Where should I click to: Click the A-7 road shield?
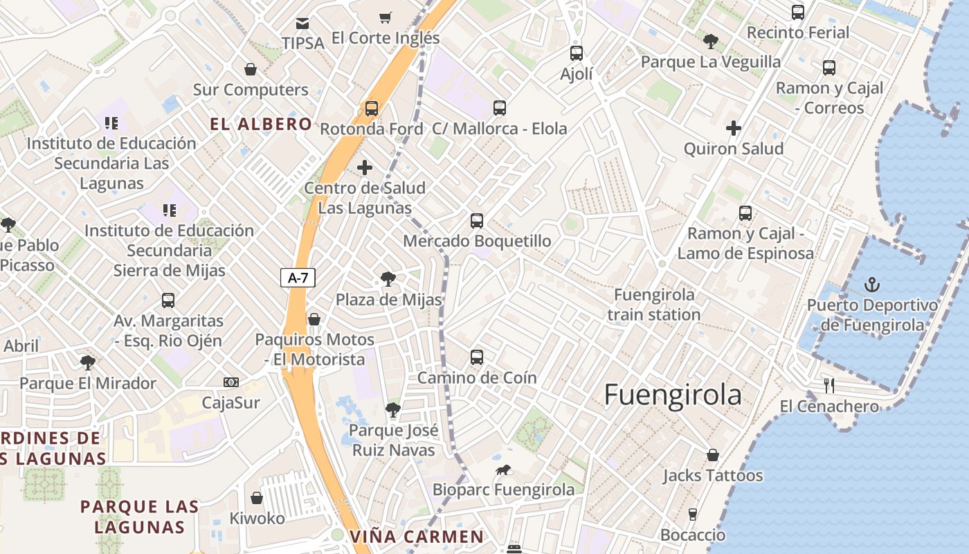pos(298,278)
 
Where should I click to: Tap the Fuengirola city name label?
pos(673,395)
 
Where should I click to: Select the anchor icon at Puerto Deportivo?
pos(872,284)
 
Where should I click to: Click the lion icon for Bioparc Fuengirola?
pos(503,470)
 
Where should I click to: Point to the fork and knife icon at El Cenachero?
pos(829,386)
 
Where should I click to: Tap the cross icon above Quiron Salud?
pos(734,128)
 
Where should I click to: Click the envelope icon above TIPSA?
pos(302,24)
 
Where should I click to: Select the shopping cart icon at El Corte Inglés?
pos(385,18)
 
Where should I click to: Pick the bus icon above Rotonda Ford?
pos(372,109)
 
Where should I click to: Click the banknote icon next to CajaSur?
pos(231,382)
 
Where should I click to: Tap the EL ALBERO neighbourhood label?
pos(261,125)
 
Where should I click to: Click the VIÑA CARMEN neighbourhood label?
pos(417,537)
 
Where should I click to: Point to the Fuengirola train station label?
pos(654,305)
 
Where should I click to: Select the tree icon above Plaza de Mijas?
pos(388,279)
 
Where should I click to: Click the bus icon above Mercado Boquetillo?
pos(477,221)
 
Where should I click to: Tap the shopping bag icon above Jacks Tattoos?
pos(712,455)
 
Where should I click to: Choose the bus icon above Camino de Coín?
pos(477,357)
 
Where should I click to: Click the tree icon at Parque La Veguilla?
pos(710,42)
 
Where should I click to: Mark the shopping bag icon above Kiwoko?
pos(257,498)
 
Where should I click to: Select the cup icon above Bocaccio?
pos(692,515)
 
